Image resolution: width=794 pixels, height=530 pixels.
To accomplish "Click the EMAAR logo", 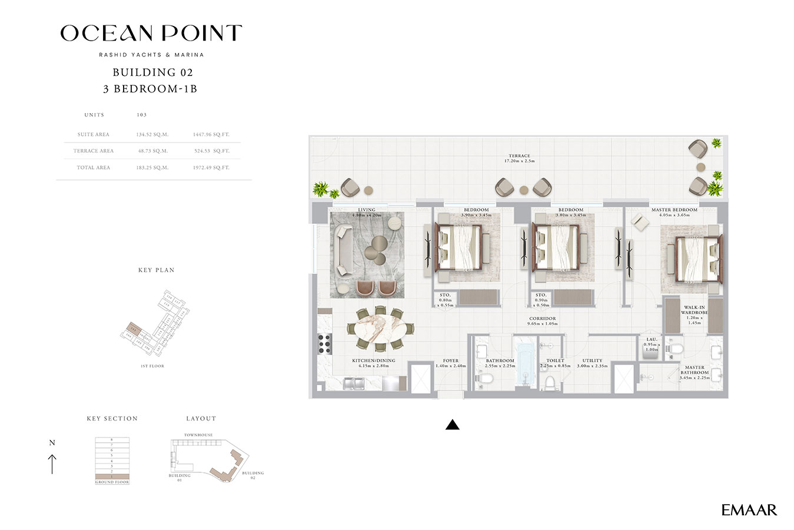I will pyautogui.click(x=749, y=510).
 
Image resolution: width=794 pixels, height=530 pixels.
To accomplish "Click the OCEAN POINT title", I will pyautogui.click(x=151, y=33).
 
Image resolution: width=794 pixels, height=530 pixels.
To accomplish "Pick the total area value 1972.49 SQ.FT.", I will pyautogui.click(x=211, y=168).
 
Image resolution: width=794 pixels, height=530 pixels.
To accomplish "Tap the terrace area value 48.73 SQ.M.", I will pyautogui.click(x=152, y=151).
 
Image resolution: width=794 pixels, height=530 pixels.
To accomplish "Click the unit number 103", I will pyautogui.click(x=141, y=115).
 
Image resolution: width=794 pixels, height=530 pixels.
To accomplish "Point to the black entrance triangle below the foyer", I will pyautogui.click(x=452, y=424).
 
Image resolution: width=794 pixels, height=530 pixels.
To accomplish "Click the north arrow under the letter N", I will pyautogui.click(x=52, y=463).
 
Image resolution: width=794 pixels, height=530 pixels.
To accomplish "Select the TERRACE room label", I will pyautogui.click(x=519, y=156).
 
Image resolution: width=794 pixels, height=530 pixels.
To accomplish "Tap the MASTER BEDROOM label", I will pyautogui.click(x=674, y=210).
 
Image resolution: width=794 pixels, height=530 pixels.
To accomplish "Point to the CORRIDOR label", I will pyautogui.click(x=542, y=319).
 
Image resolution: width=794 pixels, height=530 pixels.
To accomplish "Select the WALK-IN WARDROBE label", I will pyautogui.click(x=694, y=310).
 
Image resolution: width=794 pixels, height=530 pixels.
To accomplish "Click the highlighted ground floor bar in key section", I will pyautogui.click(x=112, y=476).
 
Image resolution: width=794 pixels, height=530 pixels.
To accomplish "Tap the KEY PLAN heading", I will pyautogui.click(x=156, y=270).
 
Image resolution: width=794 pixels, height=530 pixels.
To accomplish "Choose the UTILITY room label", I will pyautogui.click(x=592, y=360).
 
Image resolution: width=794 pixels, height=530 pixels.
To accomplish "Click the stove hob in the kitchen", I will pyautogui.click(x=324, y=342).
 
